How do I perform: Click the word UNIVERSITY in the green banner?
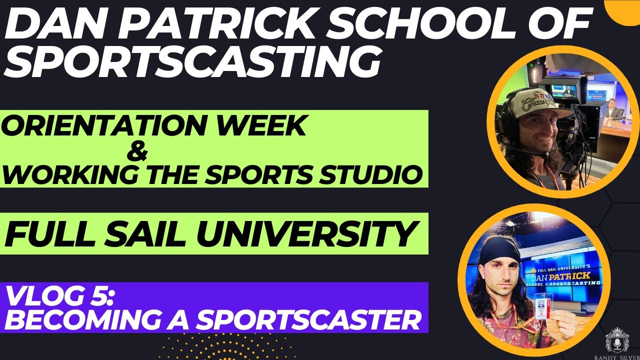point(312,233)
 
